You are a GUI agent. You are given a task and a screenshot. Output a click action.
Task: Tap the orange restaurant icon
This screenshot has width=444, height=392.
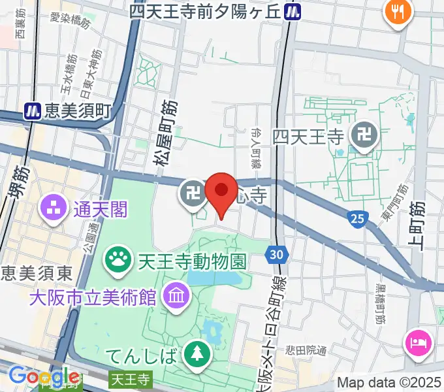(x=396, y=11)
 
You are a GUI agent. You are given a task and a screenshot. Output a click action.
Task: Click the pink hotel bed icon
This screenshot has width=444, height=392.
(x=417, y=342)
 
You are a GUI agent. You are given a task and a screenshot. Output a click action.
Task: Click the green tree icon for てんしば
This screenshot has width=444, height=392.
(x=196, y=355)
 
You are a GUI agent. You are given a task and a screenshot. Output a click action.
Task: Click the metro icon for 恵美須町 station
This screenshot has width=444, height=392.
(x=31, y=112)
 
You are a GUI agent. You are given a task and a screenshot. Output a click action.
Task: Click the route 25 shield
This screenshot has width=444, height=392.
(x=357, y=219)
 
